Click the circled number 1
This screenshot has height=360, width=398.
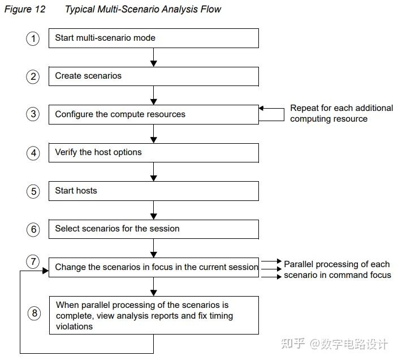point(33,38)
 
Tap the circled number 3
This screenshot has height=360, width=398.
point(33,114)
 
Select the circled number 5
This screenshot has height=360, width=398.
point(33,191)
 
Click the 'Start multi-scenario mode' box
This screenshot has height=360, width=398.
point(153,38)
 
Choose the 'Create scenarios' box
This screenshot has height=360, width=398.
point(153,76)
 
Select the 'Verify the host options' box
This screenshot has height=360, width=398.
point(153,152)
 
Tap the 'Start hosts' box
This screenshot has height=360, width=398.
point(153,191)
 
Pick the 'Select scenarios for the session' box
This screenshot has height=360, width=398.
point(153,229)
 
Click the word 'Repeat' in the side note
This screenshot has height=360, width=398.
point(305,108)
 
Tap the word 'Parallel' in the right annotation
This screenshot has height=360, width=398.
point(300,264)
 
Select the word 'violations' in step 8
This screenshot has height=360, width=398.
point(74,327)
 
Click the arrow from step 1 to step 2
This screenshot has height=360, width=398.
point(153,57)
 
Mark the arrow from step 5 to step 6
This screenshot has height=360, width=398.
point(153,210)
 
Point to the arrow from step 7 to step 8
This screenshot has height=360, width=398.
point(153,286)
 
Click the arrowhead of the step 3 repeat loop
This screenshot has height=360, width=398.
point(262,108)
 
